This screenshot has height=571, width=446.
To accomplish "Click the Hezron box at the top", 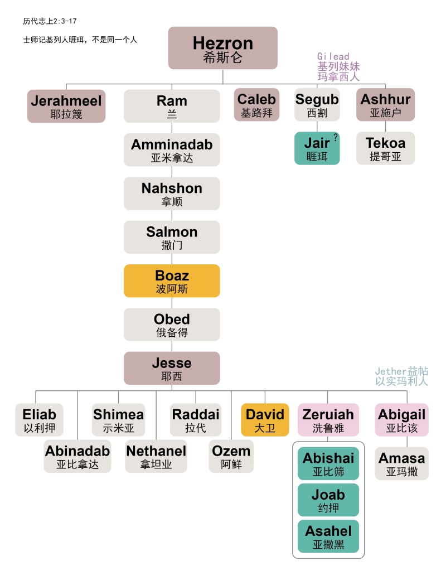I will (x=223, y=49).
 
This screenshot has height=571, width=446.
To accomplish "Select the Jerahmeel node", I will (x=66, y=107).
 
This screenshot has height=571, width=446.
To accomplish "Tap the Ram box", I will (x=172, y=107).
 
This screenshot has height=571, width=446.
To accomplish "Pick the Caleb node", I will (x=256, y=105).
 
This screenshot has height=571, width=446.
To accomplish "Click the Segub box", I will (x=317, y=105).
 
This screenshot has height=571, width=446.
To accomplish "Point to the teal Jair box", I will (x=317, y=148).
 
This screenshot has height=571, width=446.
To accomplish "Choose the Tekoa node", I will (x=386, y=148).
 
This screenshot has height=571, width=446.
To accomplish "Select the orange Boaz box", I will (x=172, y=281).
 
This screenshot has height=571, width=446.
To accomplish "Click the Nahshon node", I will (x=172, y=193).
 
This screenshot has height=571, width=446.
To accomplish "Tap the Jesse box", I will (x=172, y=369).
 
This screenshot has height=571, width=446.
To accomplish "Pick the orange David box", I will (x=265, y=420).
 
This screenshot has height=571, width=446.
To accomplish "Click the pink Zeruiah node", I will (x=328, y=420).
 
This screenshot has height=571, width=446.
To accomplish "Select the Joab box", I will (x=328, y=500).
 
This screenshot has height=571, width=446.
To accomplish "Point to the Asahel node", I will (x=328, y=536).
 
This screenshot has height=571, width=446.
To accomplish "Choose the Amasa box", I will (x=401, y=463).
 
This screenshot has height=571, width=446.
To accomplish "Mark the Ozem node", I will (x=231, y=457).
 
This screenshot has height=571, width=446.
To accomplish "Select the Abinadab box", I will (x=77, y=457).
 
